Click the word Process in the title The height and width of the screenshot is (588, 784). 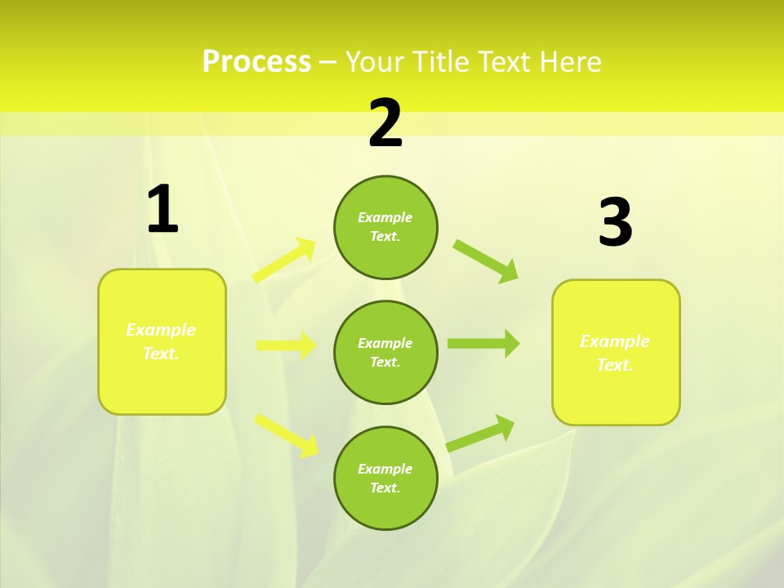coord(256,62)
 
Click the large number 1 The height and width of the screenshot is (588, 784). coord(163,210)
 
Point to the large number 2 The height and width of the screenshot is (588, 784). coord(385,123)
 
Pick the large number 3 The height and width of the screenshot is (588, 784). coord(615,223)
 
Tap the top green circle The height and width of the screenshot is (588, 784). coord(385,227)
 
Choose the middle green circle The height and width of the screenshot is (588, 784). coord(385,352)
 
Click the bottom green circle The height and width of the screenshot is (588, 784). coord(385,478)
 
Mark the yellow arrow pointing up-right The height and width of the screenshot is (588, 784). coord(284,261)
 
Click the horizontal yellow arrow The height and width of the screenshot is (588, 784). coord(286,345)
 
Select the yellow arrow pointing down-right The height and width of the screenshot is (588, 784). coord(287,434)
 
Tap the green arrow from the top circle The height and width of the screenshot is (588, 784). coord(486,261)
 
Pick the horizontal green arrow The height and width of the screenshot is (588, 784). coord(483,344)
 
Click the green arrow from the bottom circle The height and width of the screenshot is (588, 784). coord(480,434)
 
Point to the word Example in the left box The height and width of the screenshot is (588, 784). coord(161,330)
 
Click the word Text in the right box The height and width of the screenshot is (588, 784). coord(614,365)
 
